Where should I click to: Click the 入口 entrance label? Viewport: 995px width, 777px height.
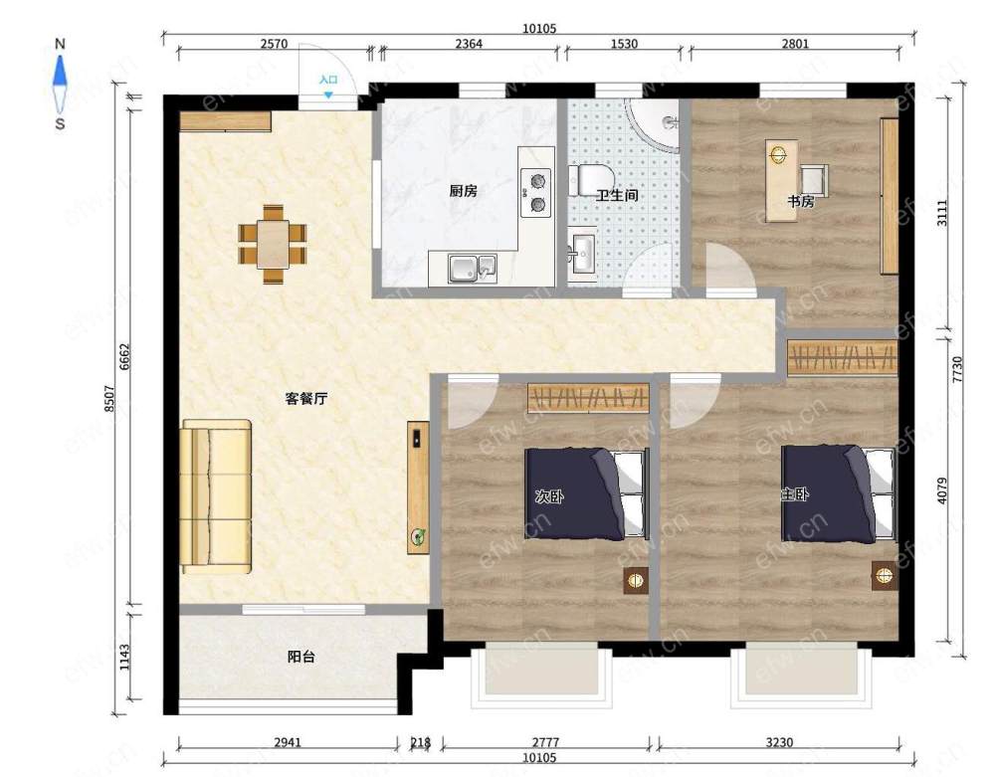pyautogui.click(x=328, y=80)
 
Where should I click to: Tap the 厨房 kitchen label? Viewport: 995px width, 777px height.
pyautogui.click(x=464, y=190)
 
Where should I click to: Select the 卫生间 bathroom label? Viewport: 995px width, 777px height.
pyautogui.click(x=617, y=195)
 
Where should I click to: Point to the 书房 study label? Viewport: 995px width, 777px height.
pyautogui.click(x=801, y=201)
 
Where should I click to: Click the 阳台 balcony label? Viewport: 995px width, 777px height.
pyautogui.click(x=301, y=657)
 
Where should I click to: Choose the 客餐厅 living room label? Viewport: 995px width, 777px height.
pyautogui.click(x=306, y=398)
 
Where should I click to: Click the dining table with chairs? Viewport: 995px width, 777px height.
pyautogui.click(x=273, y=244)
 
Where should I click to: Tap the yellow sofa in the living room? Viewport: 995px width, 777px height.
pyautogui.click(x=216, y=496)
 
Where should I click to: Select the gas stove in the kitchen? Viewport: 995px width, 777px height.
pyautogui.click(x=536, y=193)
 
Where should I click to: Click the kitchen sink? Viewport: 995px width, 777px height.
pyautogui.click(x=473, y=269)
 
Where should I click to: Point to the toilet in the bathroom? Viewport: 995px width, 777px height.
pyautogui.click(x=590, y=180)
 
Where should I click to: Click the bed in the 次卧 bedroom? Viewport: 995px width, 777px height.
pyautogui.click(x=587, y=494)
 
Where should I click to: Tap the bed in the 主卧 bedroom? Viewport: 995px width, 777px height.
pyautogui.click(x=838, y=493)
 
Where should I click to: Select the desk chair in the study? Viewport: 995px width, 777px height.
pyautogui.click(x=814, y=178)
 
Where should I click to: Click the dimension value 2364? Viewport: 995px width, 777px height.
pyautogui.click(x=469, y=43)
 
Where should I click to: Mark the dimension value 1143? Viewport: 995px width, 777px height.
pyautogui.click(x=124, y=658)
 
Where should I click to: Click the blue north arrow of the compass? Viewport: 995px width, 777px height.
pyautogui.click(x=60, y=71)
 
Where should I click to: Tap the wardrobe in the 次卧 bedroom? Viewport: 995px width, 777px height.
pyautogui.click(x=588, y=398)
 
